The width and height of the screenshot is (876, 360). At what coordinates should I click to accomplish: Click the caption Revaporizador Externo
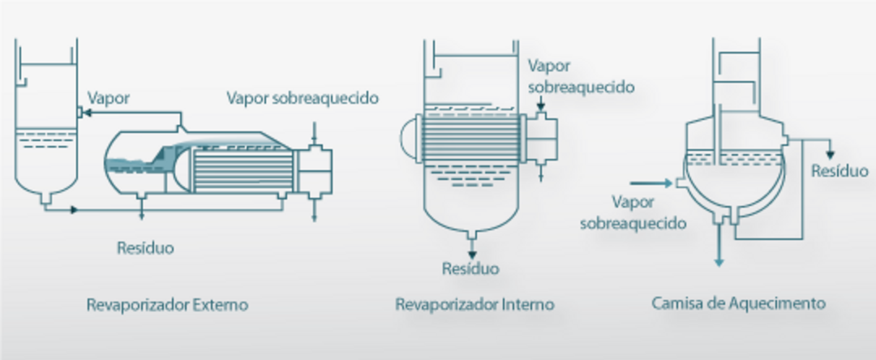[x=167, y=306]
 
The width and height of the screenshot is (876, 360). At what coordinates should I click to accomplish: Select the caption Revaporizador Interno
[x=474, y=305]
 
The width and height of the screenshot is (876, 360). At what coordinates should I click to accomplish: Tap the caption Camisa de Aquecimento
[x=738, y=304]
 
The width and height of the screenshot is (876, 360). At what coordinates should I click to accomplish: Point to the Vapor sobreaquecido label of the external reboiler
[x=303, y=99]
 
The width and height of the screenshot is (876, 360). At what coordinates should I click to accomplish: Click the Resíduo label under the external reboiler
[x=144, y=247]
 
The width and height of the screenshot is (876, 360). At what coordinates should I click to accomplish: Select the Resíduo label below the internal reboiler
[x=470, y=268]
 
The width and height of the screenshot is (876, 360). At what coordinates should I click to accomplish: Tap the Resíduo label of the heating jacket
[x=839, y=171]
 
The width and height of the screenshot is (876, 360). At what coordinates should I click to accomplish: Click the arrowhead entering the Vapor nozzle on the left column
[x=85, y=114]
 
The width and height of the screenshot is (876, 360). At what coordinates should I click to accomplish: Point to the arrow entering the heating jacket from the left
[x=649, y=184]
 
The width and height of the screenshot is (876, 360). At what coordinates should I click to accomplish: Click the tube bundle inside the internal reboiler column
[x=470, y=133]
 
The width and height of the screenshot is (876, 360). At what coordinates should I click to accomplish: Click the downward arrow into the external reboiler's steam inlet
[x=314, y=133]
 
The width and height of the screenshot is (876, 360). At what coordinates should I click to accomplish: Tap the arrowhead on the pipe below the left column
[x=75, y=210]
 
